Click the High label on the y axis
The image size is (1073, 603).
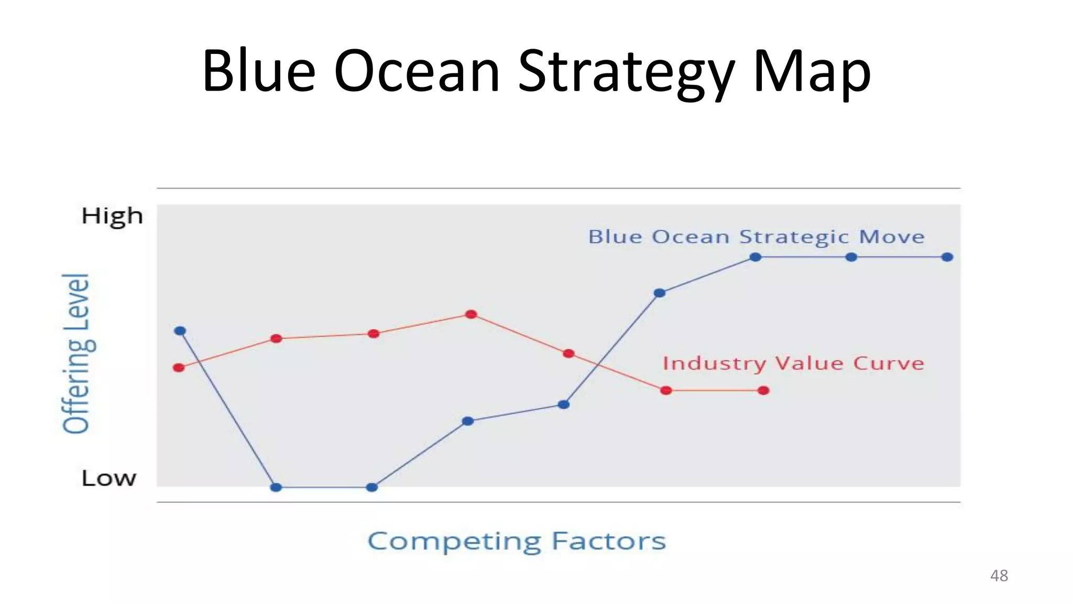(x=112, y=216)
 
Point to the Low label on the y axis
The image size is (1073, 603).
(x=108, y=478)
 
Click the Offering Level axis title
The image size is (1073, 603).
(x=76, y=354)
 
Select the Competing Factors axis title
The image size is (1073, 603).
(x=517, y=541)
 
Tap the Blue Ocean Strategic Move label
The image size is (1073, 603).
(x=756, y=237)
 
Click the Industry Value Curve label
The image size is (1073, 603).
(x=793, y=363)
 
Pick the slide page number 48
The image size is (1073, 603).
(x=999, y=576)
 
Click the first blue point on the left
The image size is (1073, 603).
(x=180, y=331)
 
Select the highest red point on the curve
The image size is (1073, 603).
(x=471, y=314)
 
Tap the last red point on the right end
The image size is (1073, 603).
(x=763, y=390)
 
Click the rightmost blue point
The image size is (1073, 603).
(x=947, y=257)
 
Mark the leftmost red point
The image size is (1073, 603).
(x=179, y=367)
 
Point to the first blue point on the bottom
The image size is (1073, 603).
(x=276, y=487)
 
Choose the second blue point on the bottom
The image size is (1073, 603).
(x=372, y=487)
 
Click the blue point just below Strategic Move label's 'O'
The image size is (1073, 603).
(x=660, y=293)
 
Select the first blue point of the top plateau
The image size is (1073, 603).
(x=755, y=257)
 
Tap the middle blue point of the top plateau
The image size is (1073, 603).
(x=851, y=257)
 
